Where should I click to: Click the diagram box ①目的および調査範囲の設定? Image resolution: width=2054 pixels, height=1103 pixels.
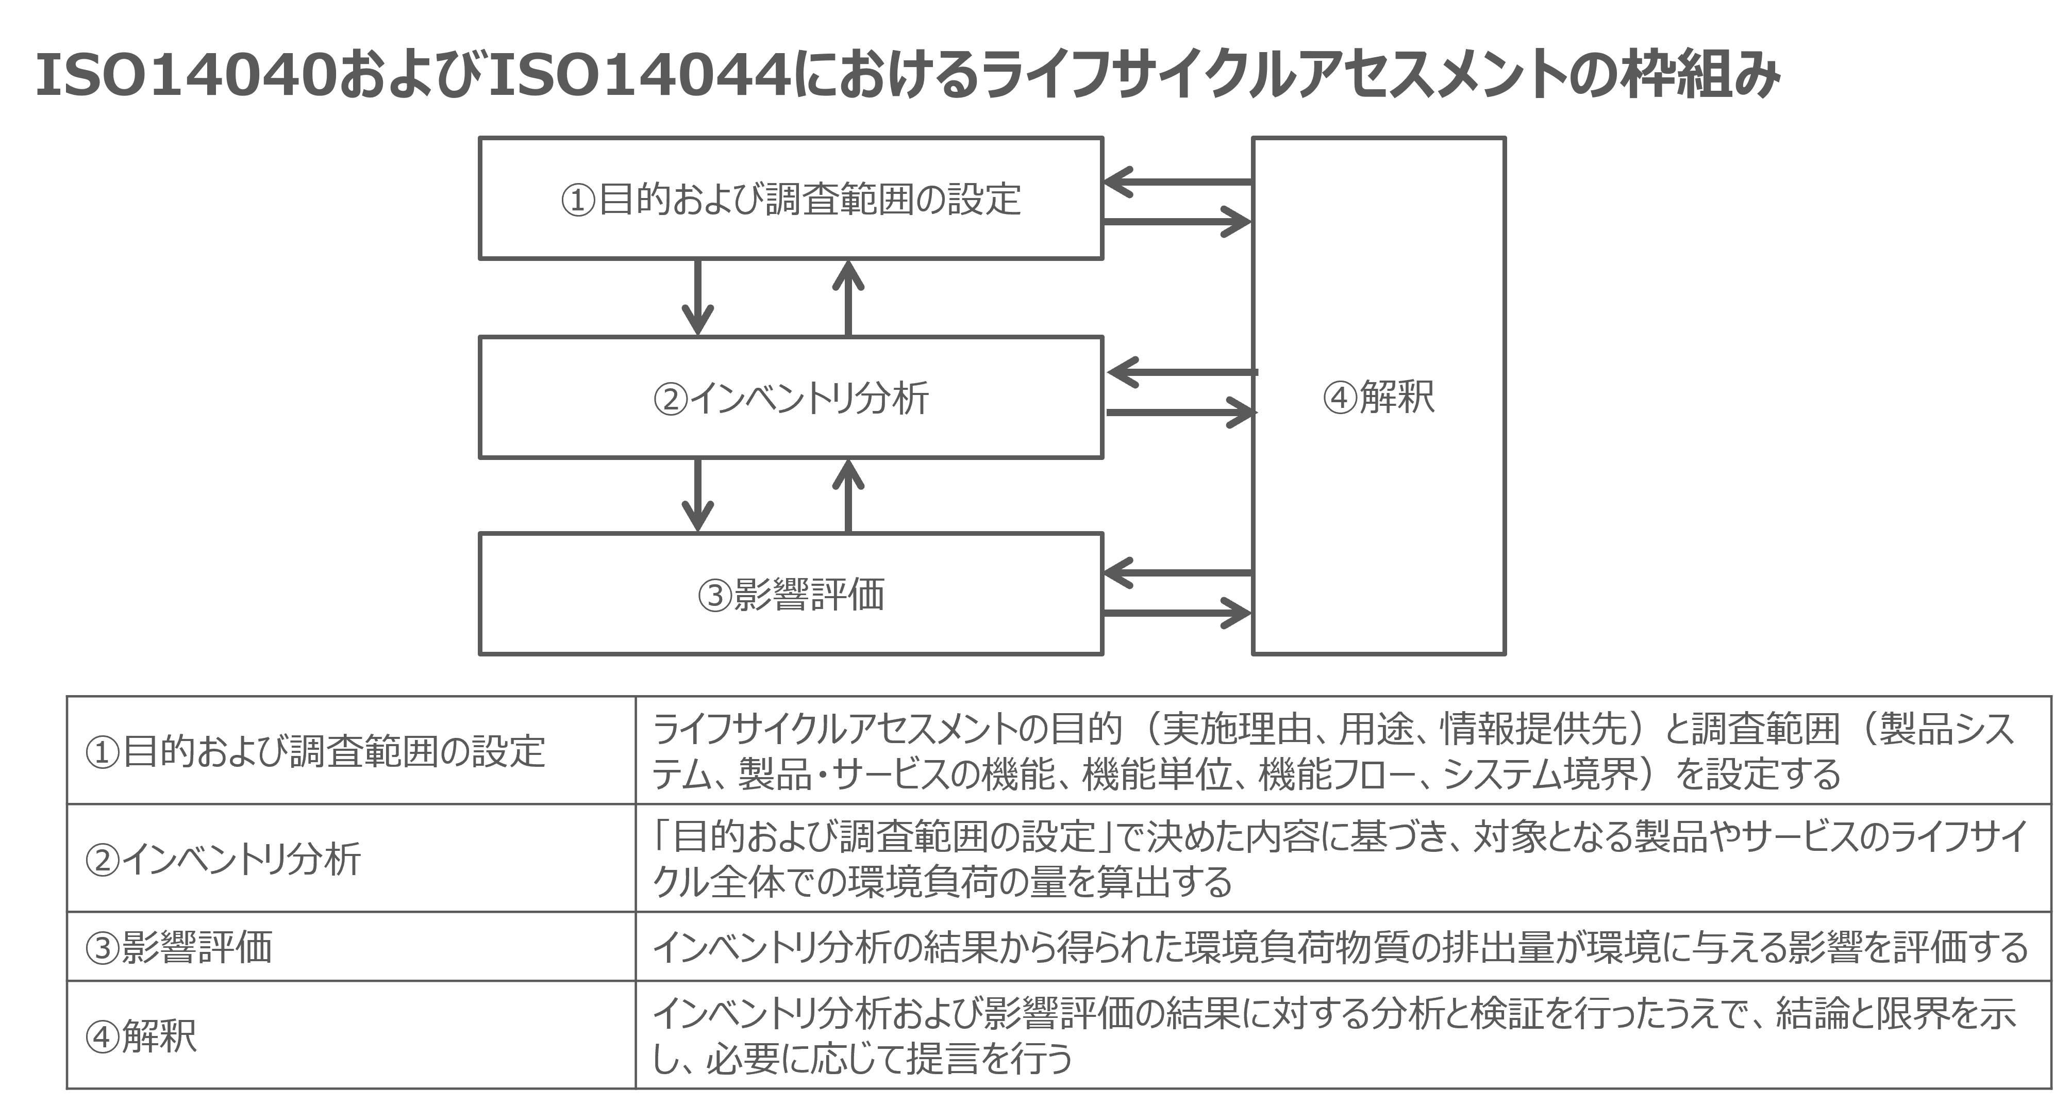[x=791, y=199]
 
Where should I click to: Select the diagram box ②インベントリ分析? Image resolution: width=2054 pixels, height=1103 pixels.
[x=791, y=397]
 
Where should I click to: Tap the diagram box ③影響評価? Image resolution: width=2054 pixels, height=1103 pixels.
[x=791, y=594]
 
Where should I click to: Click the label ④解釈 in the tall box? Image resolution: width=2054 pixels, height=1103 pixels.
[x=1379, y=397]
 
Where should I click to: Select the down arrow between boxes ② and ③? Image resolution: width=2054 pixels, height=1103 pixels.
[x=698, y=495]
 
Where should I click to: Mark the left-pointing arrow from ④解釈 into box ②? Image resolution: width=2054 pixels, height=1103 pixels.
[x=1182, y=372]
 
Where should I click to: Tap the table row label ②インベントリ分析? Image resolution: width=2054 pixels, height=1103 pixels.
[x=223, y=859]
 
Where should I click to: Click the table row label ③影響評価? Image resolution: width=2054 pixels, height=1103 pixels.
[x=179, y=947]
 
